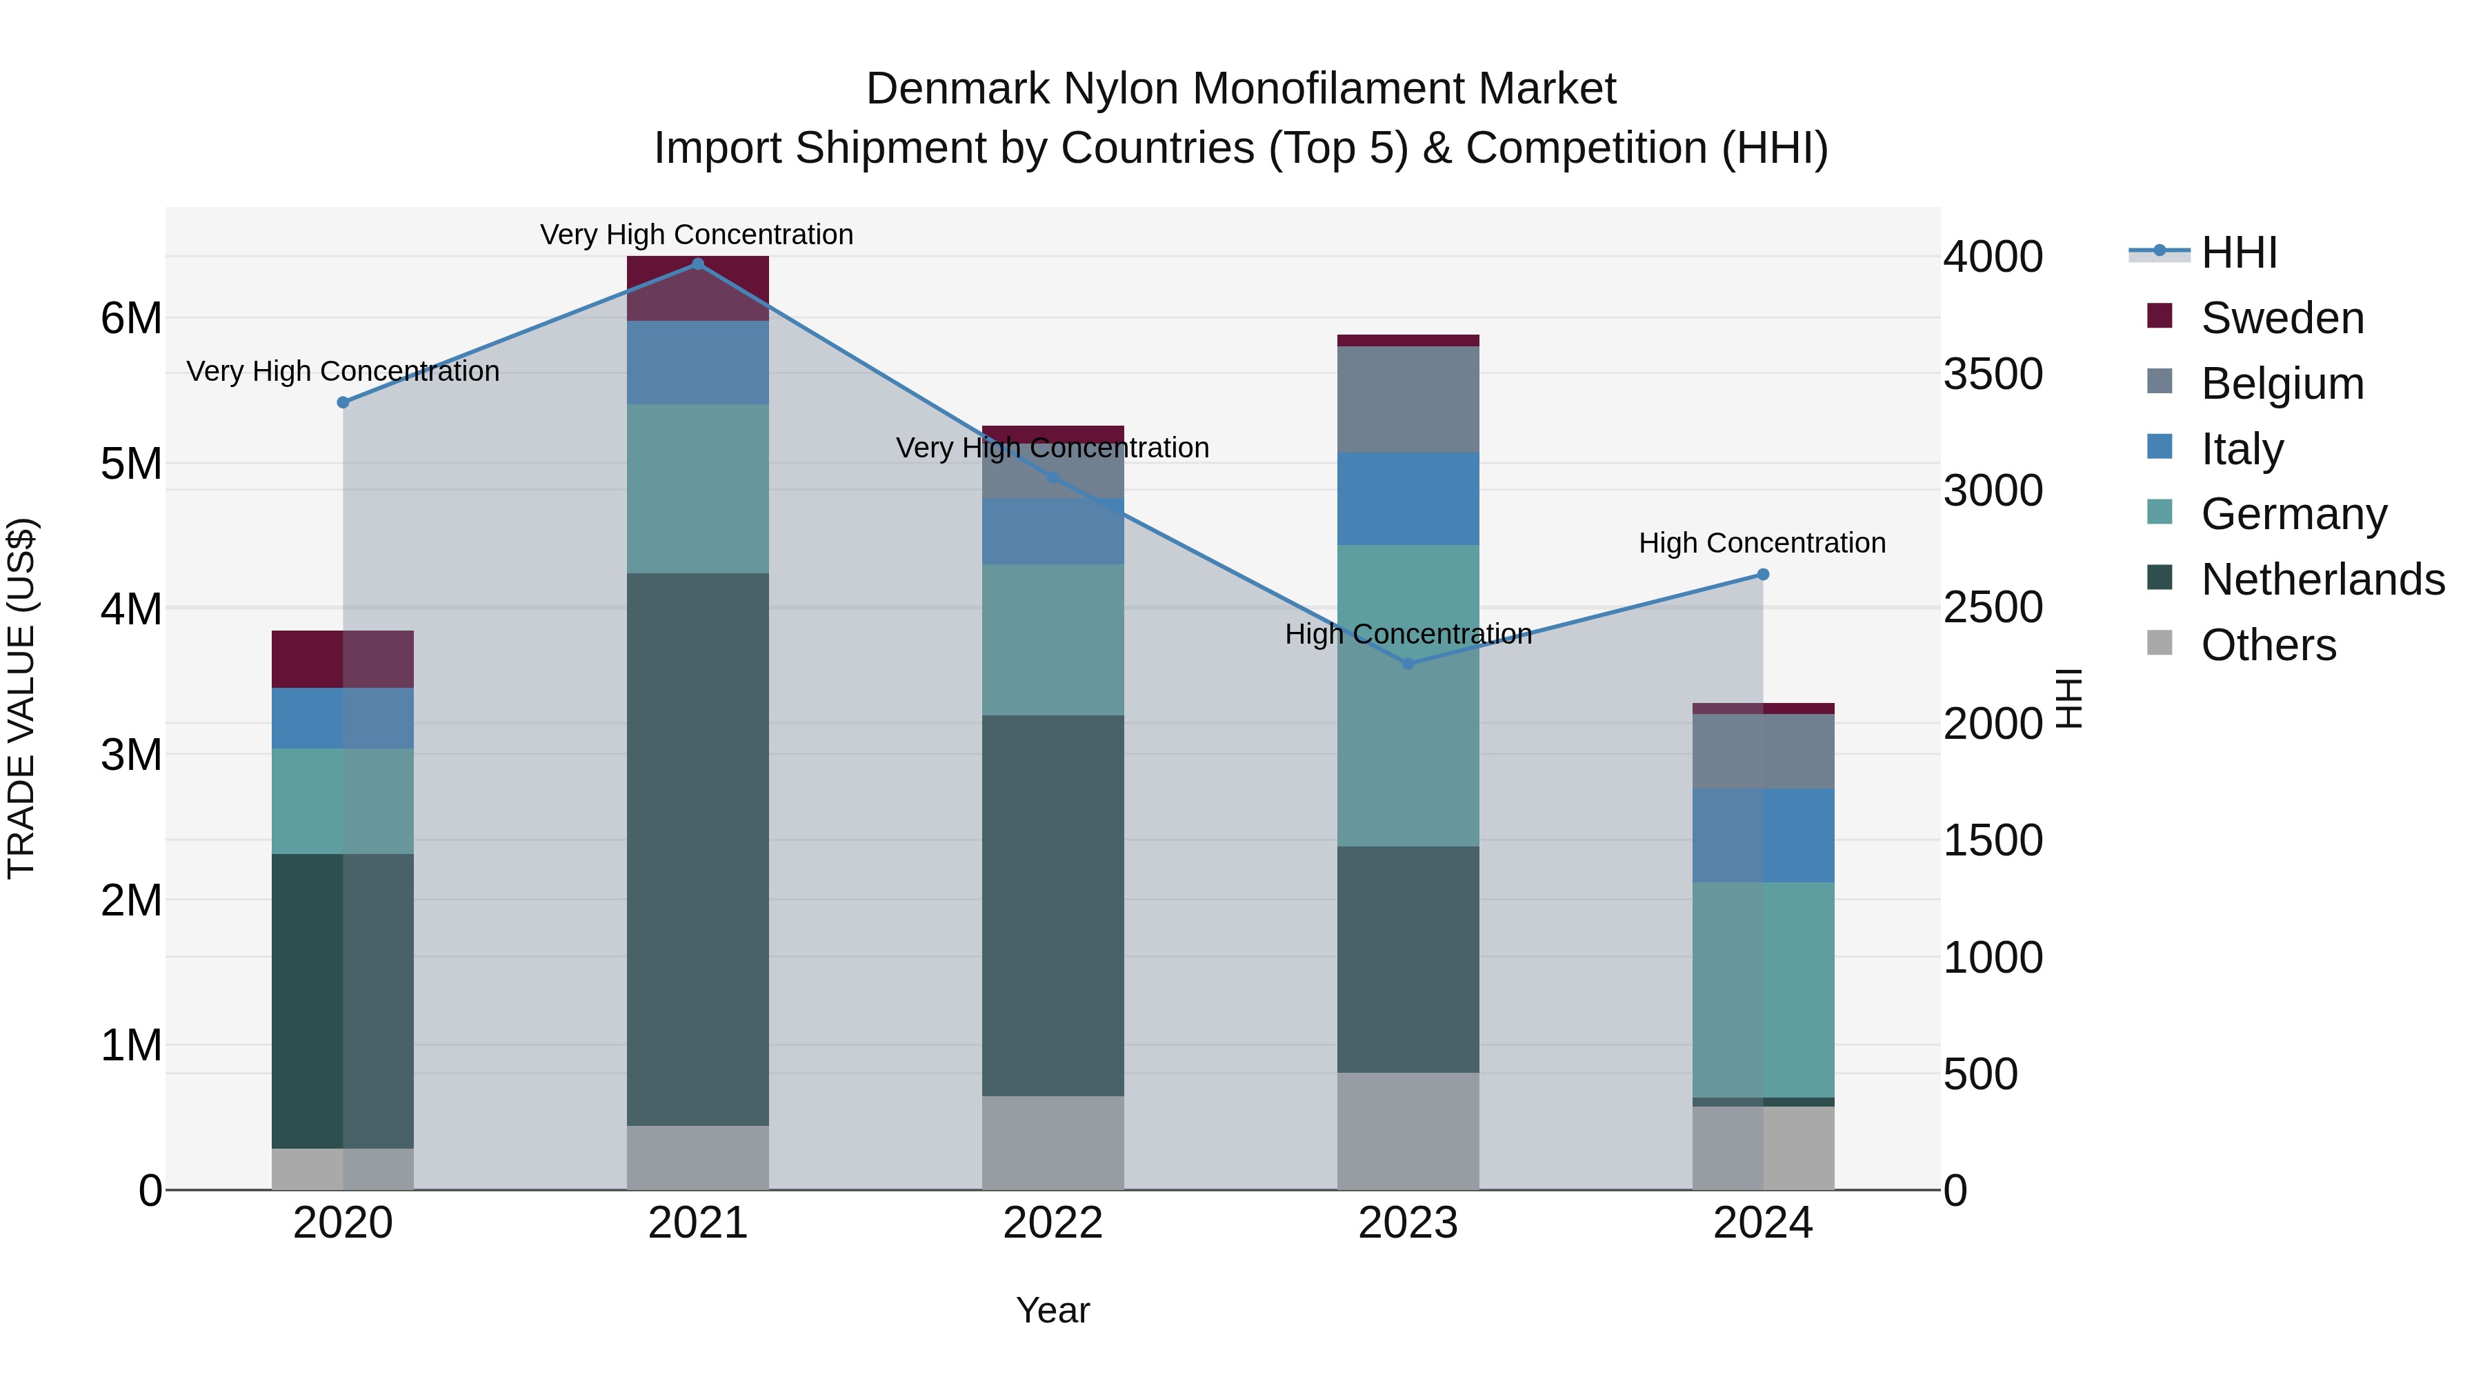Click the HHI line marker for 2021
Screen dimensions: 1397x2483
point(698,264)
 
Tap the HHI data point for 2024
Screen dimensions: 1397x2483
point(1763,575)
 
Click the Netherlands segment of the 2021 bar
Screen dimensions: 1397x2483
point(698,849)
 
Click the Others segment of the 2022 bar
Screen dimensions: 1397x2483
point(1053,1142)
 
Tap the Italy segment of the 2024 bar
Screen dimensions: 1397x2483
point(1763,835)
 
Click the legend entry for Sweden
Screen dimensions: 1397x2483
point(2282,318)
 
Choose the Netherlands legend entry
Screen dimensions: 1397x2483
point(2322,579)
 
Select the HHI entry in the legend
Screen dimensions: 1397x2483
point(2238,252)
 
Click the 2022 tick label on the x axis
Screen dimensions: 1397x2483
point(1053,1223)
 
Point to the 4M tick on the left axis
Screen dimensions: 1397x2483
point(131,609)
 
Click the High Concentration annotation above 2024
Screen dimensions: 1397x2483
point(1762,543)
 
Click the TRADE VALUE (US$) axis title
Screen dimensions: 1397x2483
point(21,698)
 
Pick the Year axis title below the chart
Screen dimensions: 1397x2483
point(1053,1310)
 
